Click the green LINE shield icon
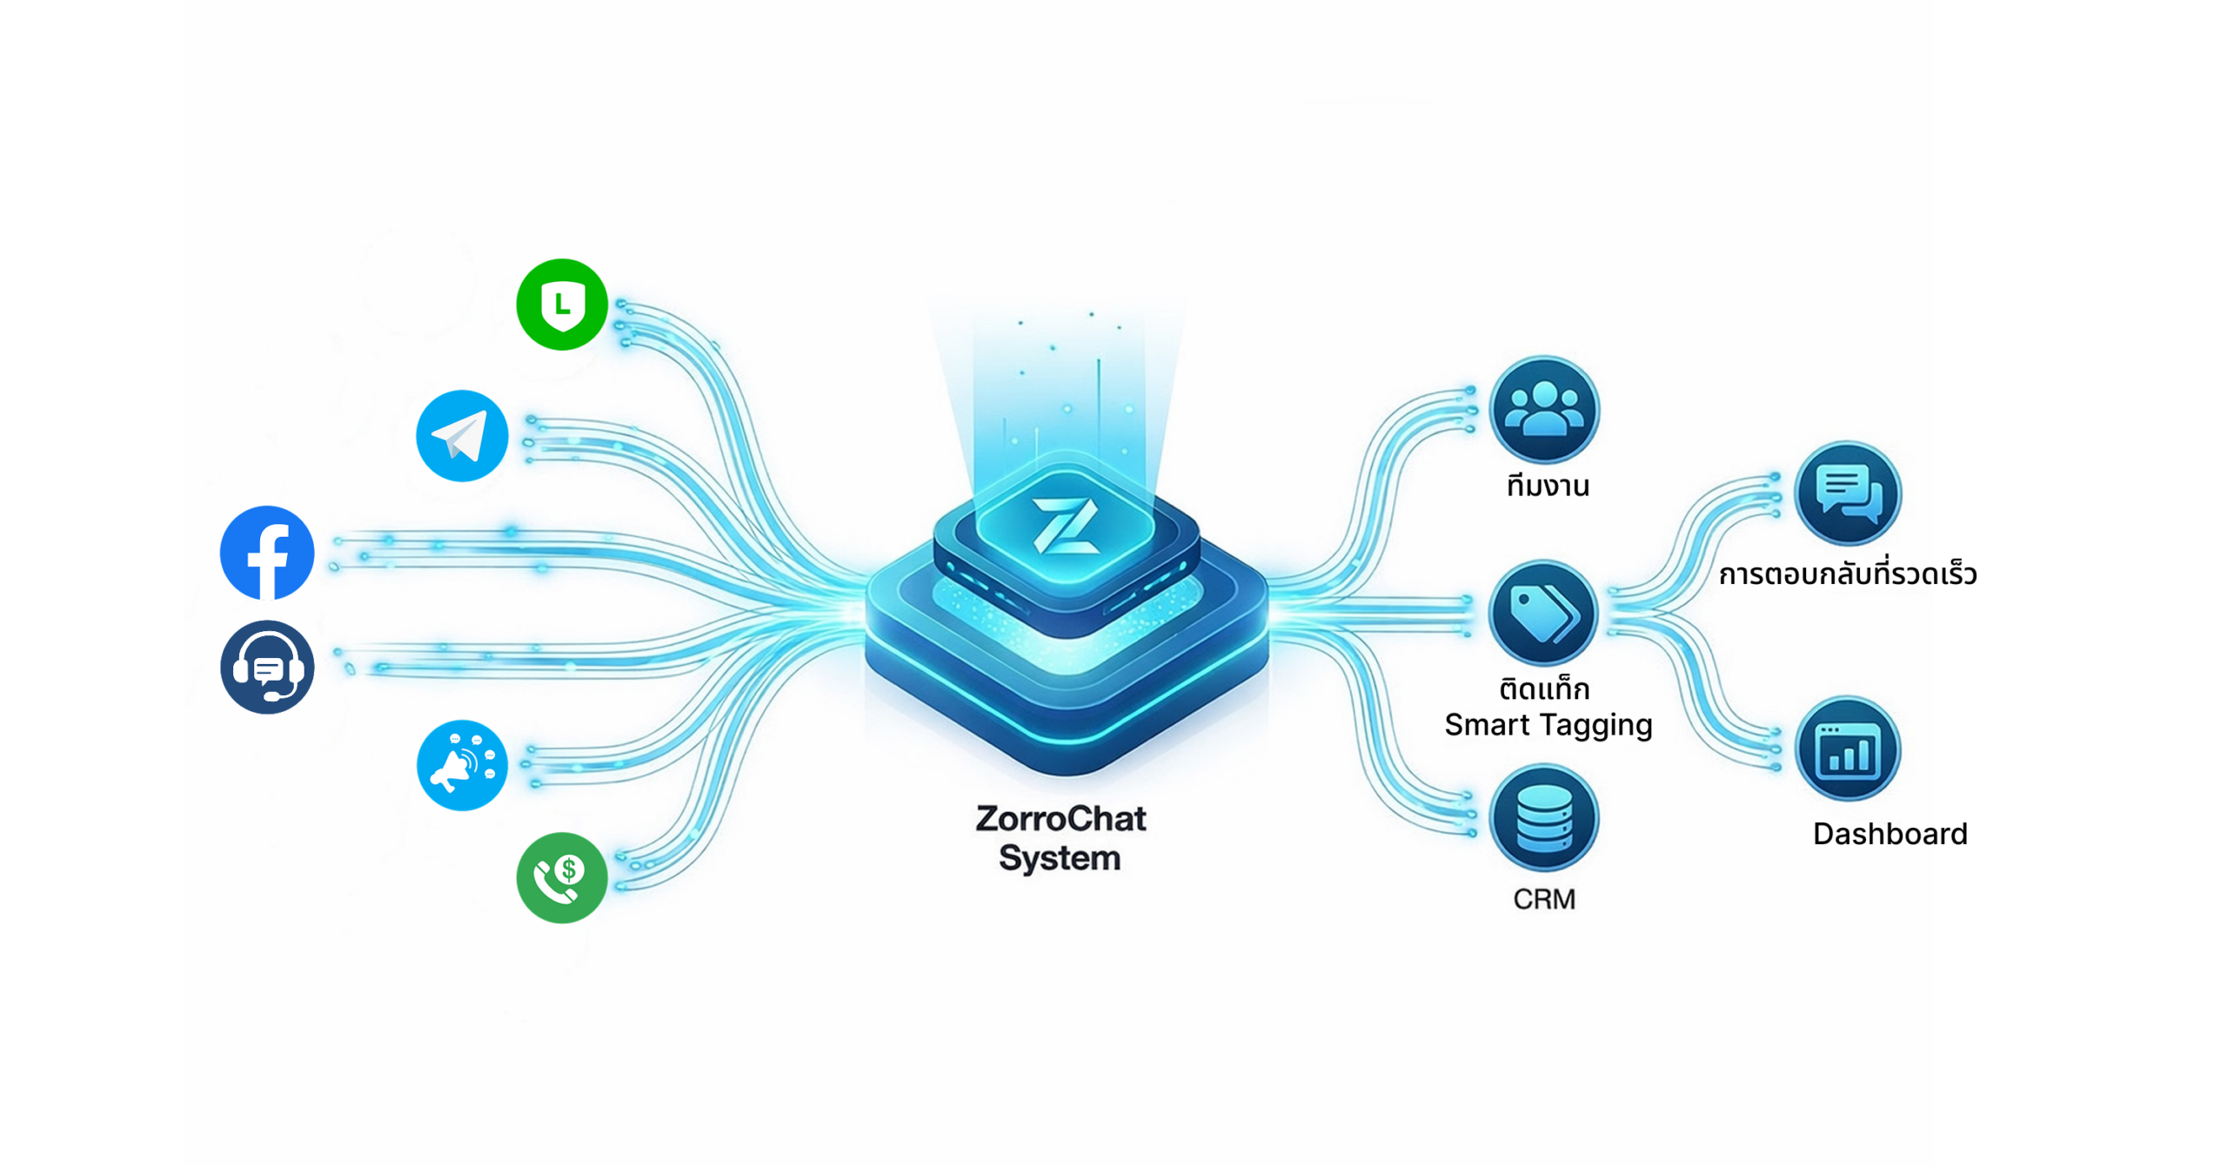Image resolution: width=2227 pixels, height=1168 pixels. [561, 305]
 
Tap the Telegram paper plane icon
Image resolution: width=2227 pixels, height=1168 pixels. [462, 436]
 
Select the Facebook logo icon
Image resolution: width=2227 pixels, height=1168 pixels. [267, 553]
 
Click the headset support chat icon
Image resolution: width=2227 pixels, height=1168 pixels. [267, 668]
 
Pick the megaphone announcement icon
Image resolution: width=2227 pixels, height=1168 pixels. [462, 765]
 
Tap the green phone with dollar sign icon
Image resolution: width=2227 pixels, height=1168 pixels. [561, 877]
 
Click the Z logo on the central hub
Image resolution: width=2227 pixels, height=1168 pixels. [1065, 525]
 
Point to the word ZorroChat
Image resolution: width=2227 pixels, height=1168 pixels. [1060, 819]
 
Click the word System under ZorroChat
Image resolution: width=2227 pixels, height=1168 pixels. [1059, 858]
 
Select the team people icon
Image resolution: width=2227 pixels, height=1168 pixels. [1543, 409]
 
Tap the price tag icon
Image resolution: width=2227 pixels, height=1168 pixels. [1543, 613]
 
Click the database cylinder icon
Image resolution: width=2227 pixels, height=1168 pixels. [1543, 818]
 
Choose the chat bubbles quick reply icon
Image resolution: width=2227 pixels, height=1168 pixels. [1848, 493]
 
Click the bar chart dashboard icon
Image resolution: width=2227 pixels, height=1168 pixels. [1848, 748]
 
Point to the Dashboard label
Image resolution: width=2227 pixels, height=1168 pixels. [1889, 834]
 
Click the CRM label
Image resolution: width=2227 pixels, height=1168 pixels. [1543, 899]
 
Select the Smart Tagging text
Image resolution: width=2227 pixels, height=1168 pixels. [1548, 725]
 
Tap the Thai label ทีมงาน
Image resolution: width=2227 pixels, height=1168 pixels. [1548, 485]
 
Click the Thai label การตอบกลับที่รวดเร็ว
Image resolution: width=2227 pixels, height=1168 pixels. [1848, 574]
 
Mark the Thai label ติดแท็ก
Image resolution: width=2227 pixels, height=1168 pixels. [1544, 689]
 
